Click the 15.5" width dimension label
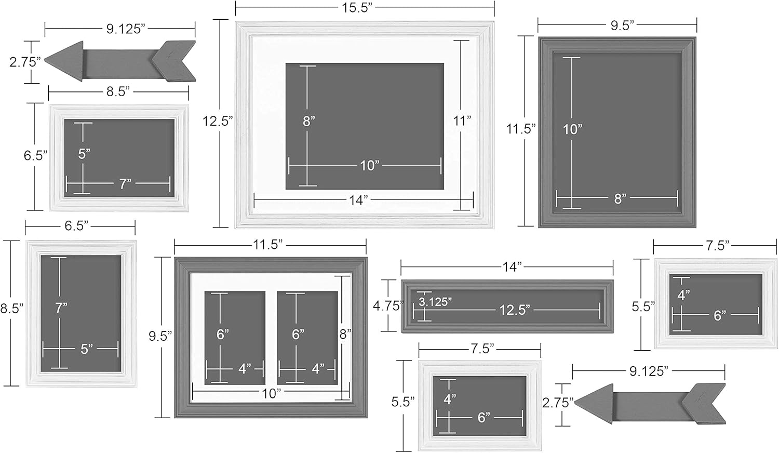coord(358,8)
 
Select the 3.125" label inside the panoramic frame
coord(435,302)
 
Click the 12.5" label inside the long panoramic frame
coord(515,310)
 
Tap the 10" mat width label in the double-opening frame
coord(271,393)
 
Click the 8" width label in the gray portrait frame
coord(620,198)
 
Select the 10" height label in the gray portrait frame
coord(573,129)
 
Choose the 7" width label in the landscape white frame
coord(125,183)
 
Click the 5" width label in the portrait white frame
coord(87,349)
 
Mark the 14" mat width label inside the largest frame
coord(358,201)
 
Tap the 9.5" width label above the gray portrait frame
coord(621,25)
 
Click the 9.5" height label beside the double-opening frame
coord(160,336)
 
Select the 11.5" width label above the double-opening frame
coord(268,245)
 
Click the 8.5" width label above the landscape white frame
coord(118,92)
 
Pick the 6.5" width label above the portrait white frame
coord(76,225)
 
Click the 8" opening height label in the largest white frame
coord(308,121)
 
